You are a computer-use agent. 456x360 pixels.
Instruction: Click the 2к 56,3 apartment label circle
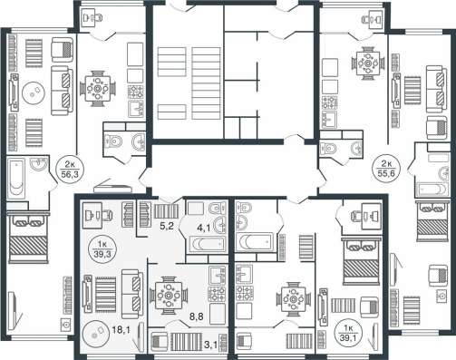pos(70,170)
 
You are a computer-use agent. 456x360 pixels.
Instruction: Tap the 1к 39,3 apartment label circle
pos(102,249)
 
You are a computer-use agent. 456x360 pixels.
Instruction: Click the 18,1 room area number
pos(121,329)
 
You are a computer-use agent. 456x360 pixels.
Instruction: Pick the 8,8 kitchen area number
pos(196,316)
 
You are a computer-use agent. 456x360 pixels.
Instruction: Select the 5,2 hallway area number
pos(166,226)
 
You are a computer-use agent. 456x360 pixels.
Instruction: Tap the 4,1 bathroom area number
pos(204,229)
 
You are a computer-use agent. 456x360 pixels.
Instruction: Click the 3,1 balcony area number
pos(210,345)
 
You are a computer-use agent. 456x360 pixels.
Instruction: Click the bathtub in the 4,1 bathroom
pos(208,244)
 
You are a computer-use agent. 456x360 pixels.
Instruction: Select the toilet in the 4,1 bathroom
pos(217,208)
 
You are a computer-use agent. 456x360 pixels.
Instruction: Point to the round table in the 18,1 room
pos(96,334)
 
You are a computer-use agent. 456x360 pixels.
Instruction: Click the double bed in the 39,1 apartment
pos(361,261)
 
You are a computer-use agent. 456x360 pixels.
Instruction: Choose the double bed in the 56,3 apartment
pos(28,238)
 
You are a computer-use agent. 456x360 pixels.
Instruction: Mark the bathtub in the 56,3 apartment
pos(16,178)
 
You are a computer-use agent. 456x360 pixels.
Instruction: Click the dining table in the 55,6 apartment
pos(368,63)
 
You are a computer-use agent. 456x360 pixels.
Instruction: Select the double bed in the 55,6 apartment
pos(432,221)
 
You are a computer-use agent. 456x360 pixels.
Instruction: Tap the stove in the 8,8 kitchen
pos(217,294)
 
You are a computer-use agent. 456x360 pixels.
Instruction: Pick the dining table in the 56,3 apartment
pos(97,89)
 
